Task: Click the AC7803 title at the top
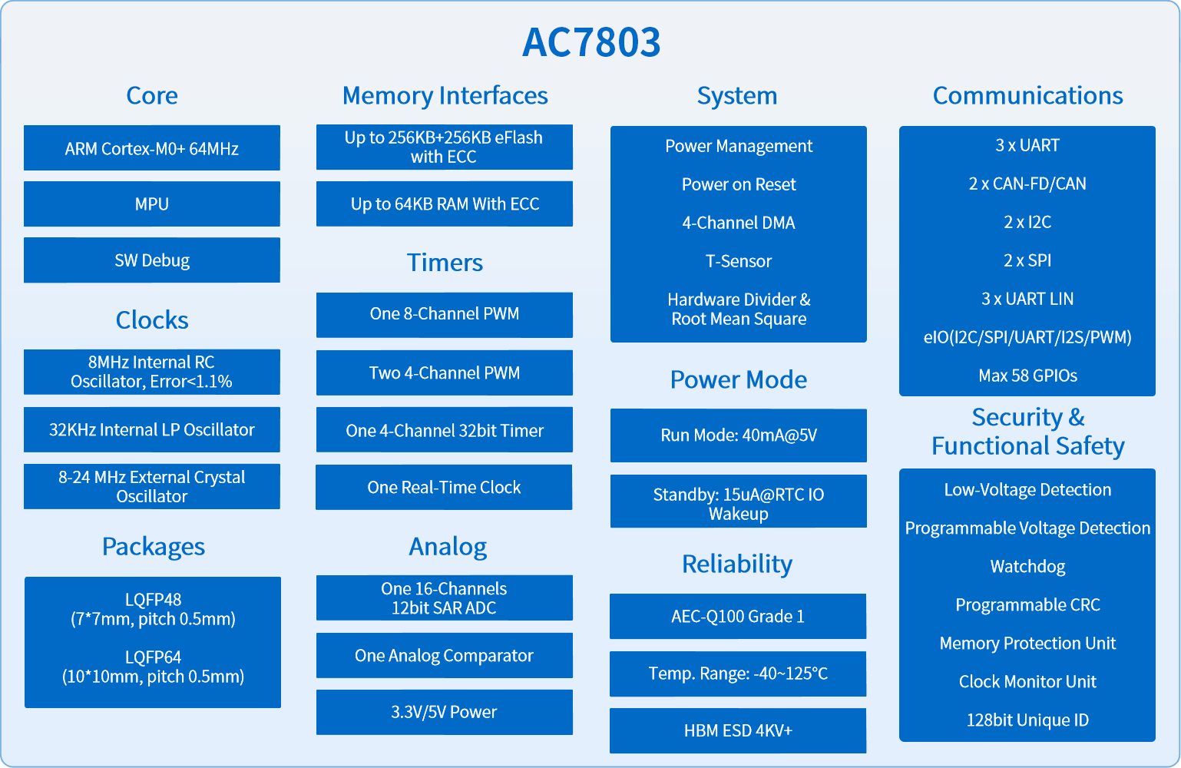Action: click(591, 42)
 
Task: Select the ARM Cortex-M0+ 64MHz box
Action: click(152, 147)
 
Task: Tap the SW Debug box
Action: click(152, 260)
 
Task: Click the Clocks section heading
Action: click(152, 319)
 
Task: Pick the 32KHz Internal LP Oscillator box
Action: click(152, 429)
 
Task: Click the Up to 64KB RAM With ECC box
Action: click(445, 204)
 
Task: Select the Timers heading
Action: click(445, 262)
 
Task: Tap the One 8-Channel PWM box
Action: click(445, 315)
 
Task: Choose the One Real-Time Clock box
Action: click(444, 487)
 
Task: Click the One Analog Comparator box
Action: click(445, 655)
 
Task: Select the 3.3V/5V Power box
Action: click(445, 712)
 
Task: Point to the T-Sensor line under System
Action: click(739, 261)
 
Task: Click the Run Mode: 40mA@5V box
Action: click(739, 435)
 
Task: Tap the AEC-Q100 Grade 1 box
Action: click(738, 616)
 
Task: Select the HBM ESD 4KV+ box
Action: click(738, 730)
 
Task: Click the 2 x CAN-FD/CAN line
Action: click(1027, 184)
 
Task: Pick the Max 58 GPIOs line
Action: click(1027, 376)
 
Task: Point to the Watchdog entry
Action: click(1027, 567)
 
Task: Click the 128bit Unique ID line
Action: click(1027, 720)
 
